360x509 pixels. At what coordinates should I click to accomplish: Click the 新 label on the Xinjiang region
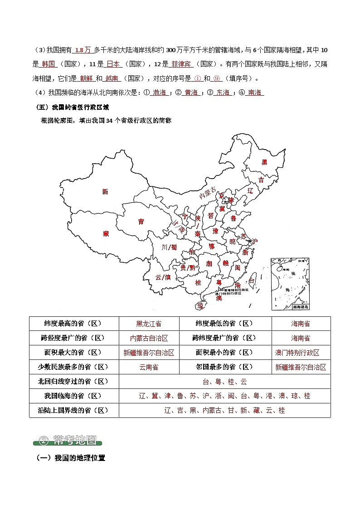[105, 192]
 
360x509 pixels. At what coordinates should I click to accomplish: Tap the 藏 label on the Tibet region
[106, 234]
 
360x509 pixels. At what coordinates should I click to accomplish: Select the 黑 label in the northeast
[264, 162]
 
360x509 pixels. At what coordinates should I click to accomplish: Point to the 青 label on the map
[141, 222]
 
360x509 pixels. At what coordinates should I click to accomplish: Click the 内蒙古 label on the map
[208, 194]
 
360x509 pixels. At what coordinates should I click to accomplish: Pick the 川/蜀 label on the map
[170, 247]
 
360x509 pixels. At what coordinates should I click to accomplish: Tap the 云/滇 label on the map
[163, 277]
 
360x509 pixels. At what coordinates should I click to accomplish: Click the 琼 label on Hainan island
[200, 306]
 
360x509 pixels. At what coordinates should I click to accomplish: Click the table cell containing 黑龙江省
[149, 324]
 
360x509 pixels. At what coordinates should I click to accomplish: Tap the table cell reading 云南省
[149, 367]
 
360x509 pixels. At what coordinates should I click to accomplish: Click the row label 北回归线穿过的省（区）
[73, 382]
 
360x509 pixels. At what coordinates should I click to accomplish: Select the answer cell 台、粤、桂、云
[224, 382]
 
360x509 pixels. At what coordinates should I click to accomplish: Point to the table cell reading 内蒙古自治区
[149, 338]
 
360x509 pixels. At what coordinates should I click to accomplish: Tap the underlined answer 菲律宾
[181, 64]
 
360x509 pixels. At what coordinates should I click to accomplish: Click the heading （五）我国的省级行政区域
[73, 108]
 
